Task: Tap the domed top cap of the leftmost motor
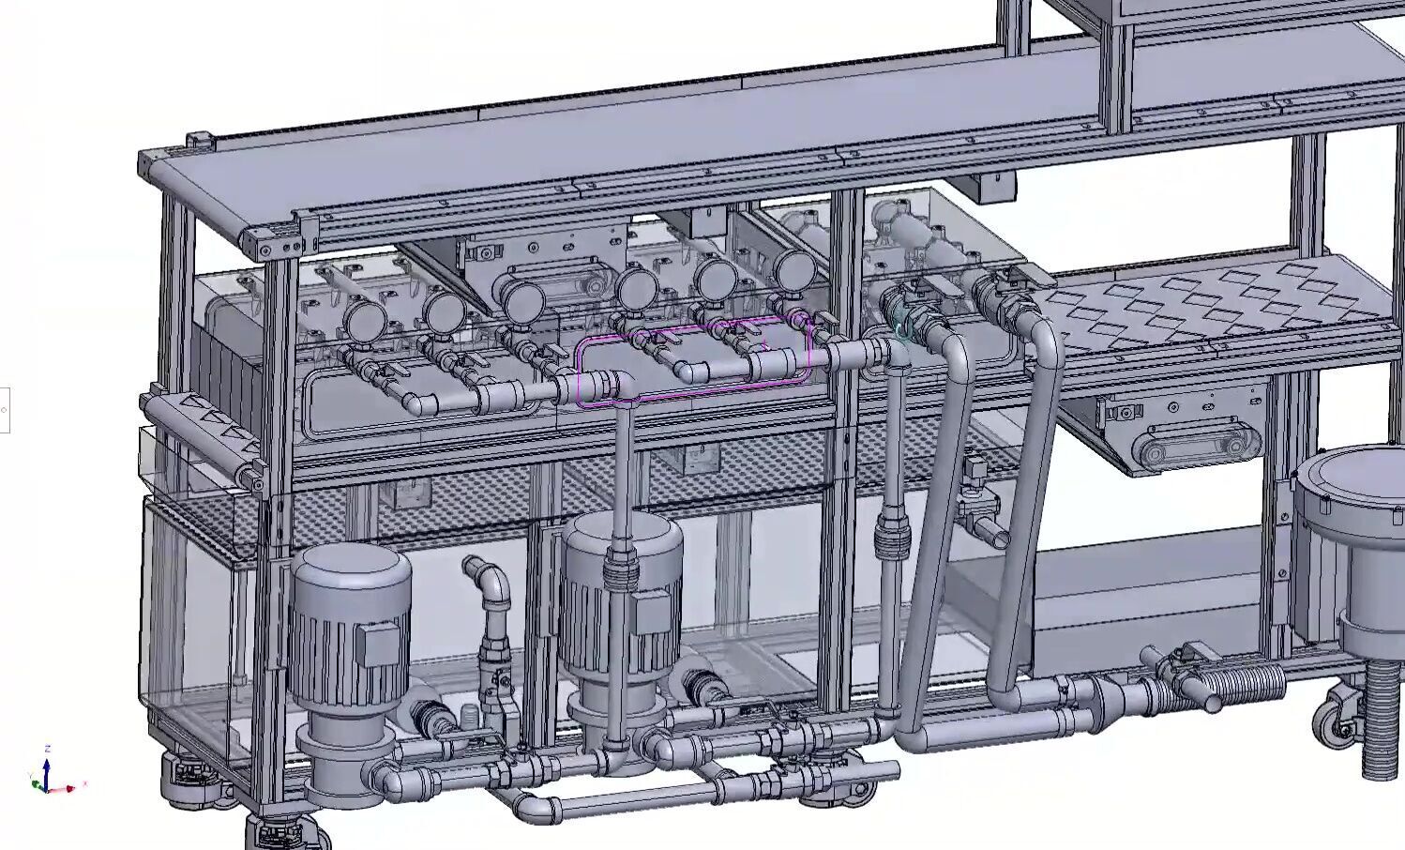pos(350,567)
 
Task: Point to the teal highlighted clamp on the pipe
pos(900,328)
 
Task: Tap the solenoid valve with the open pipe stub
pos(979,516)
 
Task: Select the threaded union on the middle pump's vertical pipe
pos(619,568)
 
